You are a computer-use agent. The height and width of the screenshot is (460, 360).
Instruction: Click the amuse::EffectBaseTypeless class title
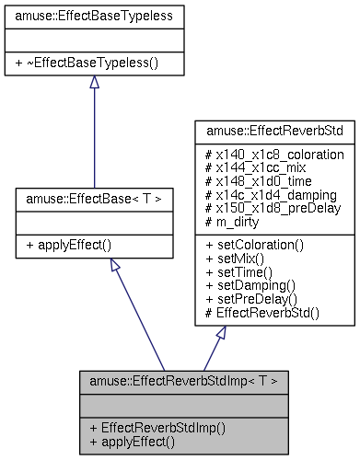[x=94, y=16]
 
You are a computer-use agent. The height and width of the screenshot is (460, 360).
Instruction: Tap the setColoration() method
[x=250, y=246]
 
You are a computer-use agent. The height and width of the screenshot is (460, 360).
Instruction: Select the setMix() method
[x=234, y=259]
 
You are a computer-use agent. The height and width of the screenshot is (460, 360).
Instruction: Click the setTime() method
[x=237, y=272]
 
